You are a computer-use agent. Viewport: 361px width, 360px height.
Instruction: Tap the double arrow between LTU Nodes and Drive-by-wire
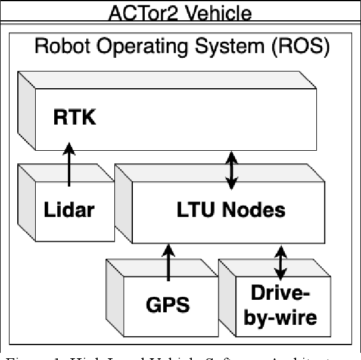coord(279,260)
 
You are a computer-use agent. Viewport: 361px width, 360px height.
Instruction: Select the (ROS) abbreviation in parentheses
coord(300,47)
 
